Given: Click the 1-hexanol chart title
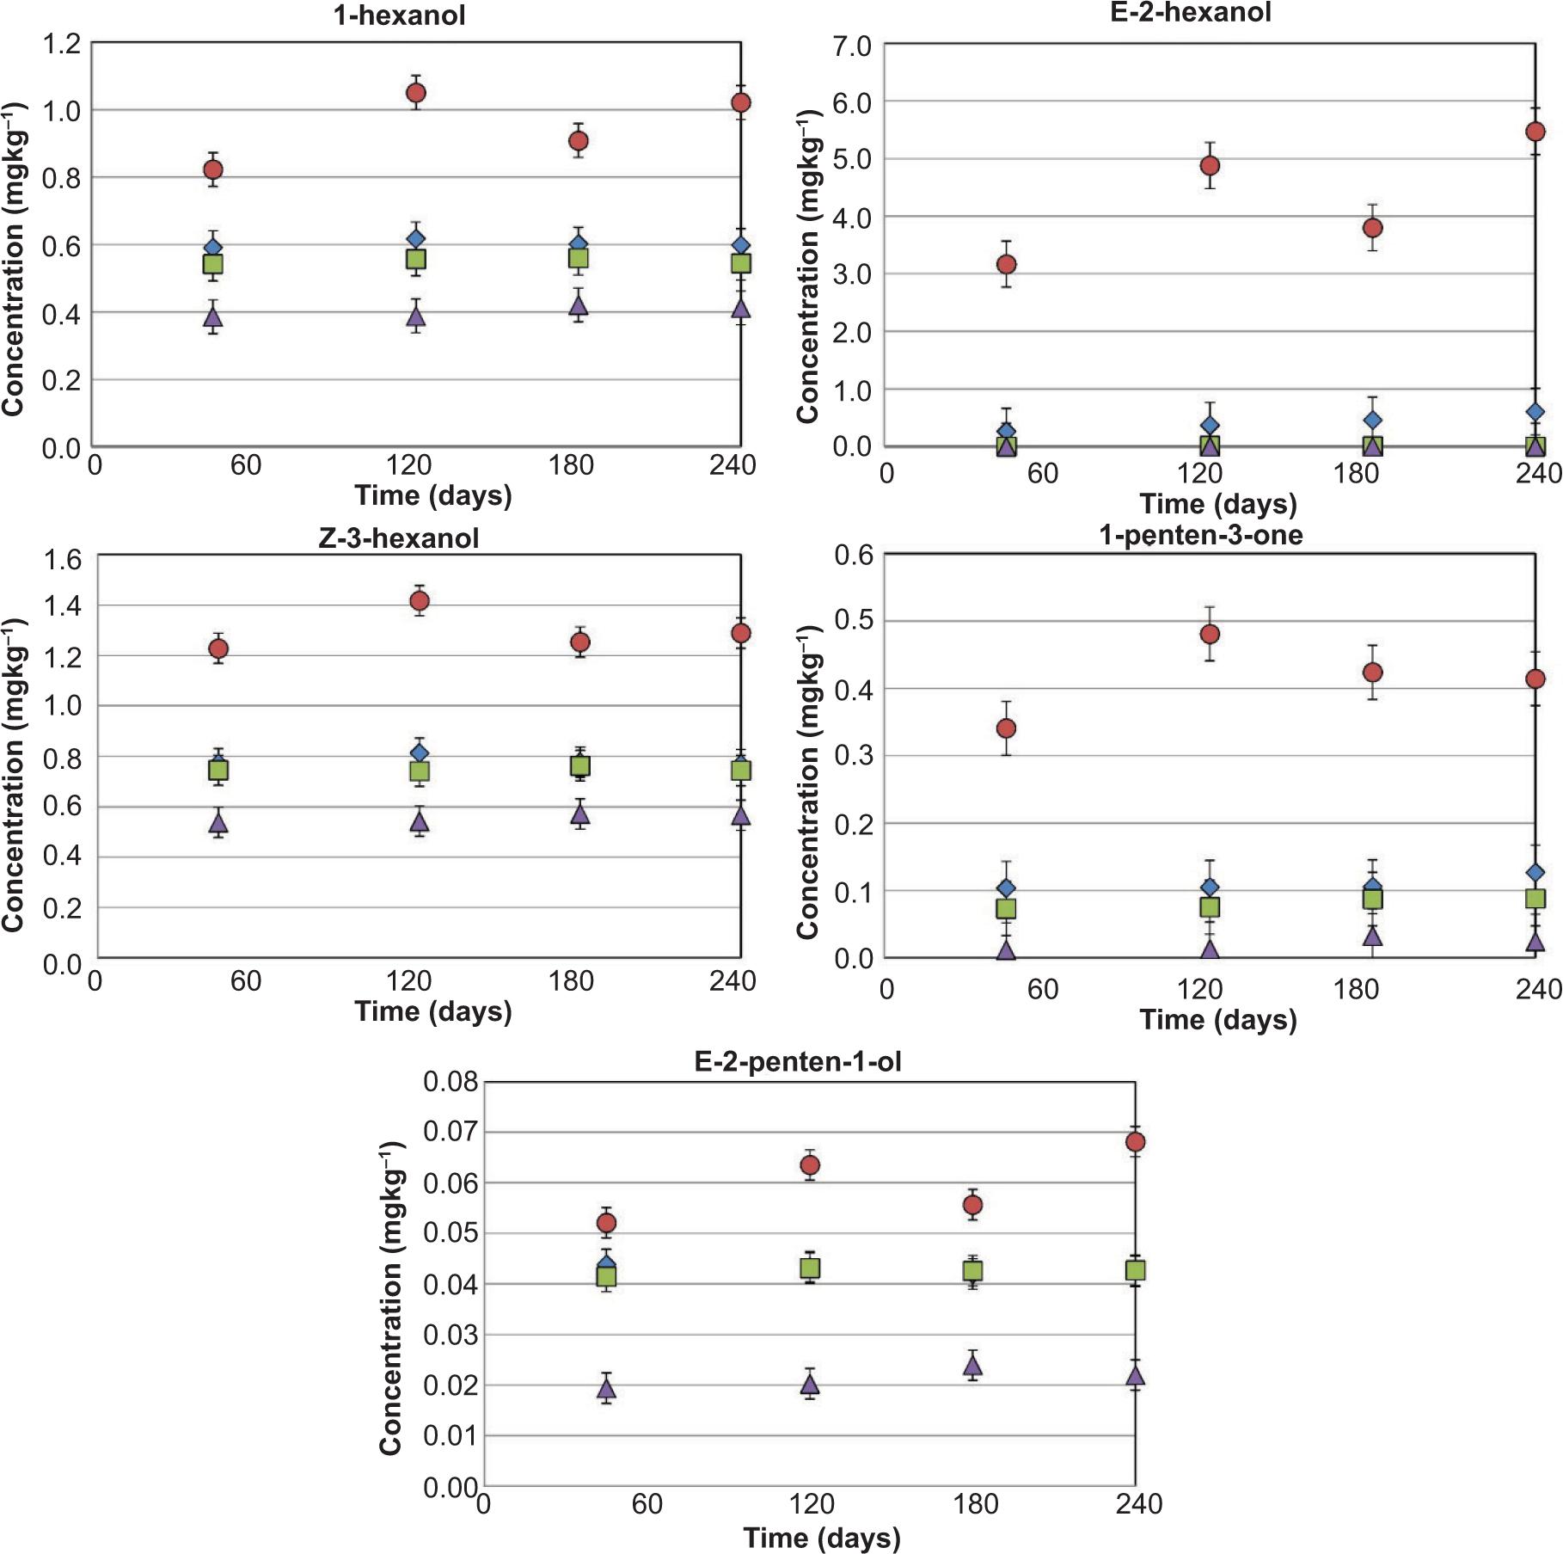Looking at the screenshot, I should click(400, 15).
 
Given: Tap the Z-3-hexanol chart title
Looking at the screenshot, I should click(399, 538).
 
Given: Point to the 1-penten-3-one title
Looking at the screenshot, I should click(1200, 535).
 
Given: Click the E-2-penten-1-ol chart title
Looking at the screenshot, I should click(797, 1061).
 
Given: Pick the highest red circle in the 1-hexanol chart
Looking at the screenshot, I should click(416, 93).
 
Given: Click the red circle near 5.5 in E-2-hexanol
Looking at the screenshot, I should click(1535, 132).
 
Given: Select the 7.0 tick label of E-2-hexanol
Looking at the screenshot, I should click(851, 46).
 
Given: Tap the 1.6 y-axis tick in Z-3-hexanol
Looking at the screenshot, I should click(63, 560).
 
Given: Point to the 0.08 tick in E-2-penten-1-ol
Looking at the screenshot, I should click(451, 1082).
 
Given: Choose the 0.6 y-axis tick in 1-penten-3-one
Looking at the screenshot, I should click(853, 556).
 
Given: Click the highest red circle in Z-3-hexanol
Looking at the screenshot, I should click(420, 600).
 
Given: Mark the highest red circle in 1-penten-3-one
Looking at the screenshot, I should click(1210, 634).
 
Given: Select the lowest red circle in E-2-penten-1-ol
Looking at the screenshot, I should click(606, 1223).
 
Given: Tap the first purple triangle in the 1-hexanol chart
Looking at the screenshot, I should click(213, 317).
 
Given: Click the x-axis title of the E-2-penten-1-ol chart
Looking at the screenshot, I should click(822, 1538).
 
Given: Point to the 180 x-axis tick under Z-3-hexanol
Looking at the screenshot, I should click(571, 981).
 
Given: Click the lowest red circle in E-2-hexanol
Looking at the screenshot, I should click(1006, 264).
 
